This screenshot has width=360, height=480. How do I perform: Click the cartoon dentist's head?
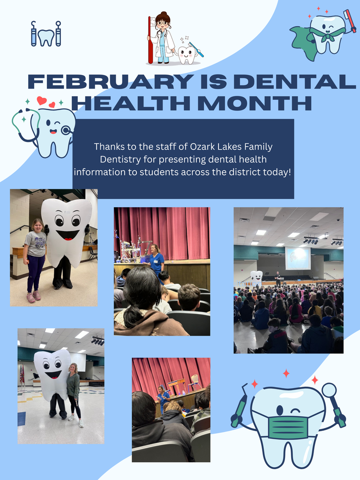coord(162,21)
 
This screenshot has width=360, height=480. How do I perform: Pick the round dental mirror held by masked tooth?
coord(329,390)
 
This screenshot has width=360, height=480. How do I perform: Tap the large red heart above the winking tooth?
coord(42,100)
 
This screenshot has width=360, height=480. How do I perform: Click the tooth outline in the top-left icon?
coord(46,37)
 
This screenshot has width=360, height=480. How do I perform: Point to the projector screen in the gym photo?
coord(298,258)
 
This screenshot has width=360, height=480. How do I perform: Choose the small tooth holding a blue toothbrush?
coord(187,54)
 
